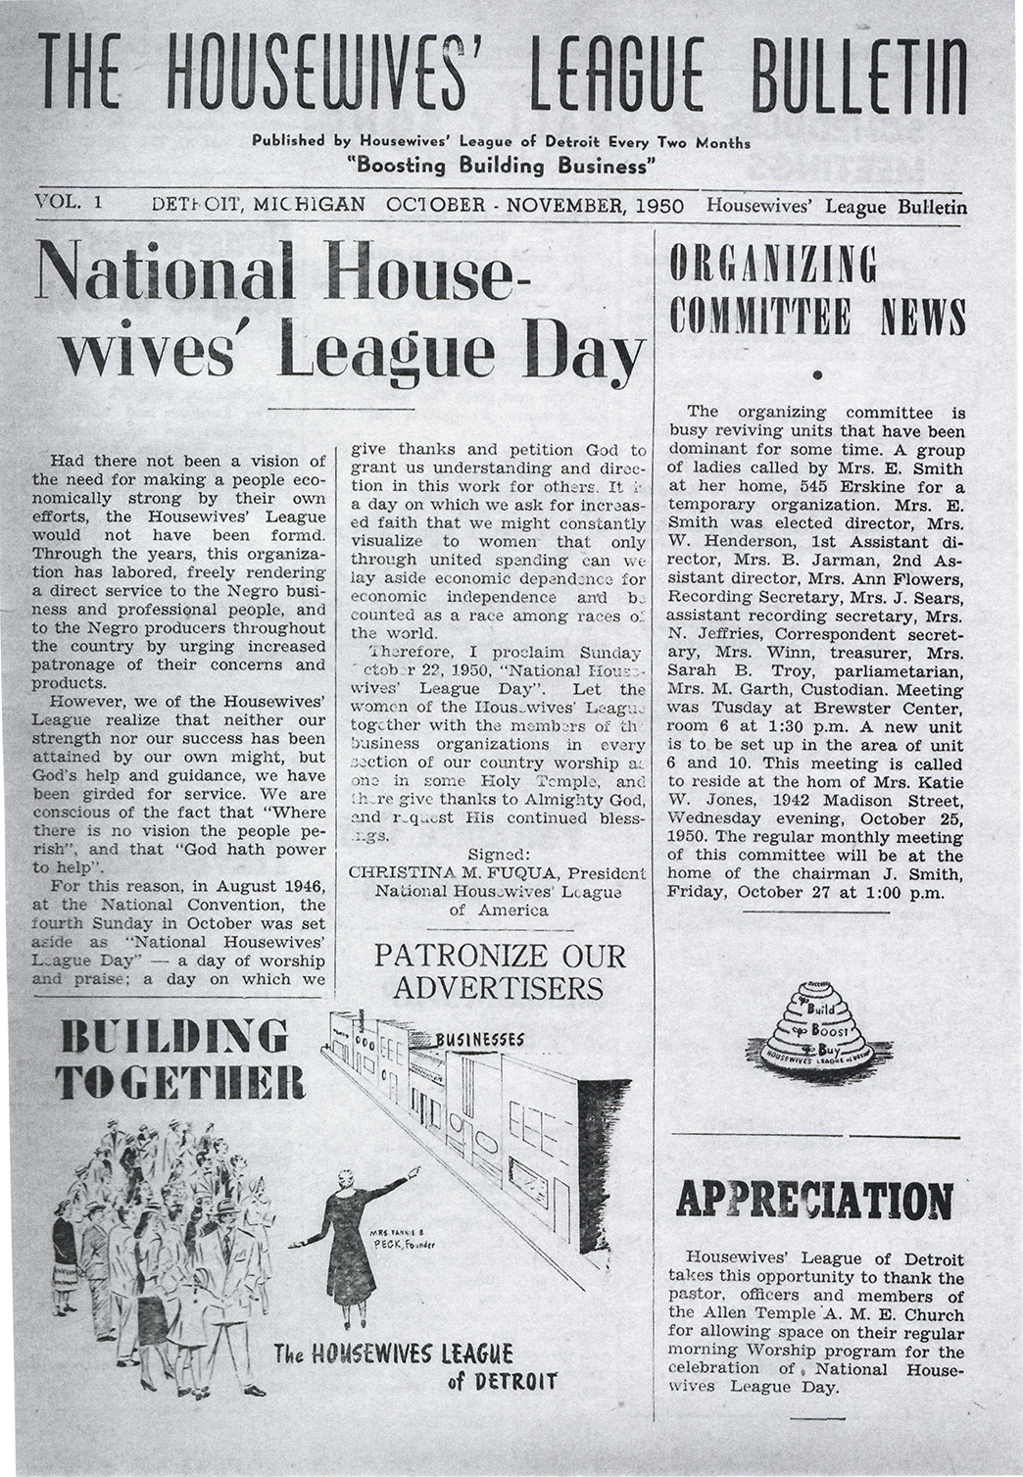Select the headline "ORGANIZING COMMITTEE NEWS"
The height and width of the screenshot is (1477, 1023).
817,291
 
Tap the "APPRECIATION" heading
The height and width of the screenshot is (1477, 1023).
814,1201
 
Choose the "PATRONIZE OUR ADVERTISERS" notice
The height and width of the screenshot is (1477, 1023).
499,971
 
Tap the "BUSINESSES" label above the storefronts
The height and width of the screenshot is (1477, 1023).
480,1039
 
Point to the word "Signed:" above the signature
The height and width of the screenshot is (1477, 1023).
499,855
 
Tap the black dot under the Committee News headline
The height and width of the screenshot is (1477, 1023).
817,373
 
